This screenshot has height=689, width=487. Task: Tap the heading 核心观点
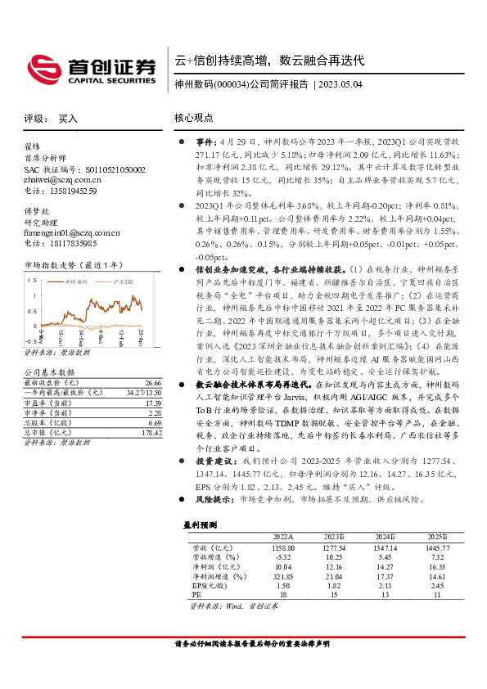pyautogui.click(x=194, y=119)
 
